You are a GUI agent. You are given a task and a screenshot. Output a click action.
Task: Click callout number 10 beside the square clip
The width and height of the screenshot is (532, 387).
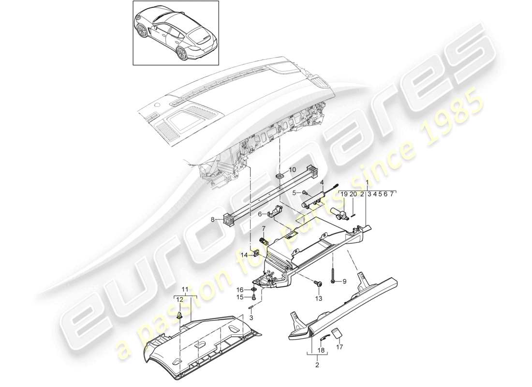(292, 170)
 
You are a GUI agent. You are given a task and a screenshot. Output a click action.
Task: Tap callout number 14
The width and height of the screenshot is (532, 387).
(245, 254)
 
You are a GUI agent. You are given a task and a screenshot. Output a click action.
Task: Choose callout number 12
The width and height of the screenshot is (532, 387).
(179, 299)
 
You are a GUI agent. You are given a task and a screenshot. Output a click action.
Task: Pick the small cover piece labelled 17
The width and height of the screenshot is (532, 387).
(338, 334)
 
